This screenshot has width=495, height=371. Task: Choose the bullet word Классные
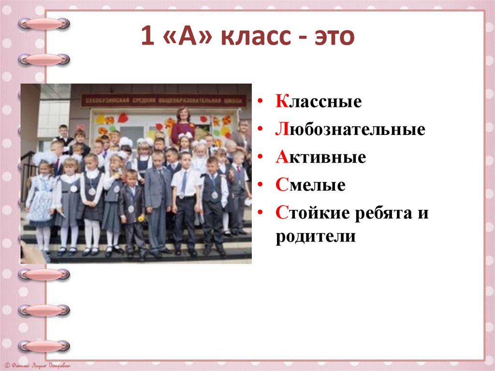pyautogui.click(x=319, y=102)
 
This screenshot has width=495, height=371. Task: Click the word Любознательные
pyautogui.click(x=350, y=130)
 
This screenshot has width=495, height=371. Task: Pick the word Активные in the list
pyautogui.click(x=321, y=157)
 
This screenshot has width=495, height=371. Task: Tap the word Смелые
pyautogui.click(x=311, y=185)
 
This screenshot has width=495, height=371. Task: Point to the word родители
pyautogui.click(x=316, y=237)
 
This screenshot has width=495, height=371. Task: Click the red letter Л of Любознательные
pyautogui.click(x=281, y=130)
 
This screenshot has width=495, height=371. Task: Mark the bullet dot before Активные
pyautogui.click(x=261, y=158)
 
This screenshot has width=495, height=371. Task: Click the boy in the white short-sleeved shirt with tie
pyautogui.click(x=185, y=201)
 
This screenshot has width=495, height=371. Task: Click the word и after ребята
pyautogui.click(x=423, y=213)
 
